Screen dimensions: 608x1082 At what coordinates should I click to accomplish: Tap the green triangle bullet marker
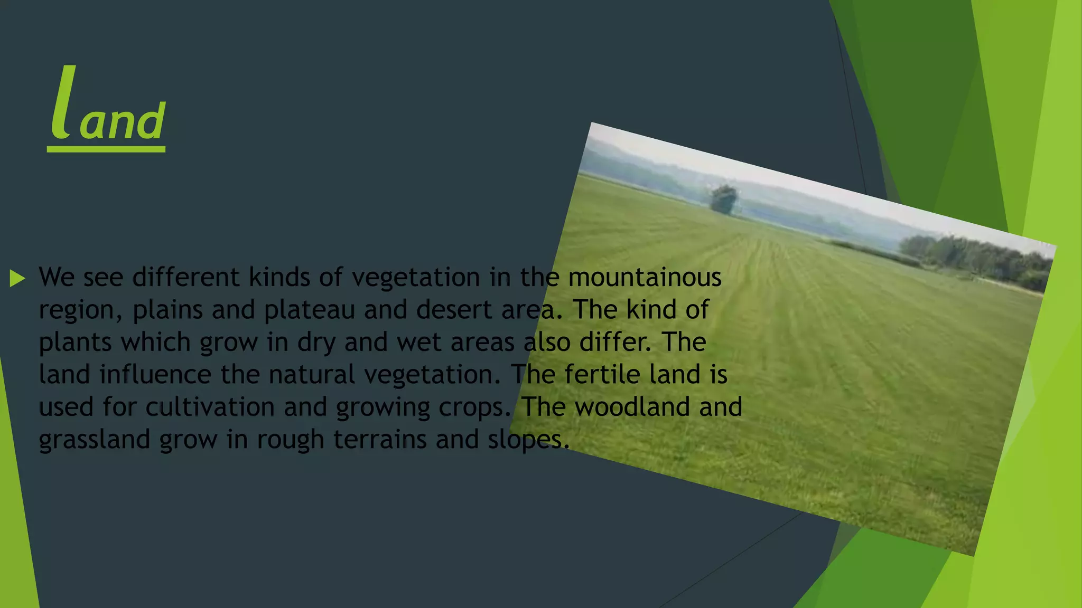tap(17, 278)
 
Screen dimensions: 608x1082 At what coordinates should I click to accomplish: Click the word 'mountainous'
tap(645, 277)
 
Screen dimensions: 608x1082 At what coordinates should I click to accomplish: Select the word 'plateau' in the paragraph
tap(309, 310)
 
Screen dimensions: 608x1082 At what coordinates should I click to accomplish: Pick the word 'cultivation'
tap(210, 407)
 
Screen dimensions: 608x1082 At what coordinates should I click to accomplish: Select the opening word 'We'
tap(57, 277)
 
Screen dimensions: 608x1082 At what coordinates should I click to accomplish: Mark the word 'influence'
tap(155, 374)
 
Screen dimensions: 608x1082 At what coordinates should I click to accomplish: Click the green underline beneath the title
tap(106, 149)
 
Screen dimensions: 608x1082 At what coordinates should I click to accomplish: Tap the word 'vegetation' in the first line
tap(415, 277)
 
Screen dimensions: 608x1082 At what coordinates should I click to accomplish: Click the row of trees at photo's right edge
tap(977, 259)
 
